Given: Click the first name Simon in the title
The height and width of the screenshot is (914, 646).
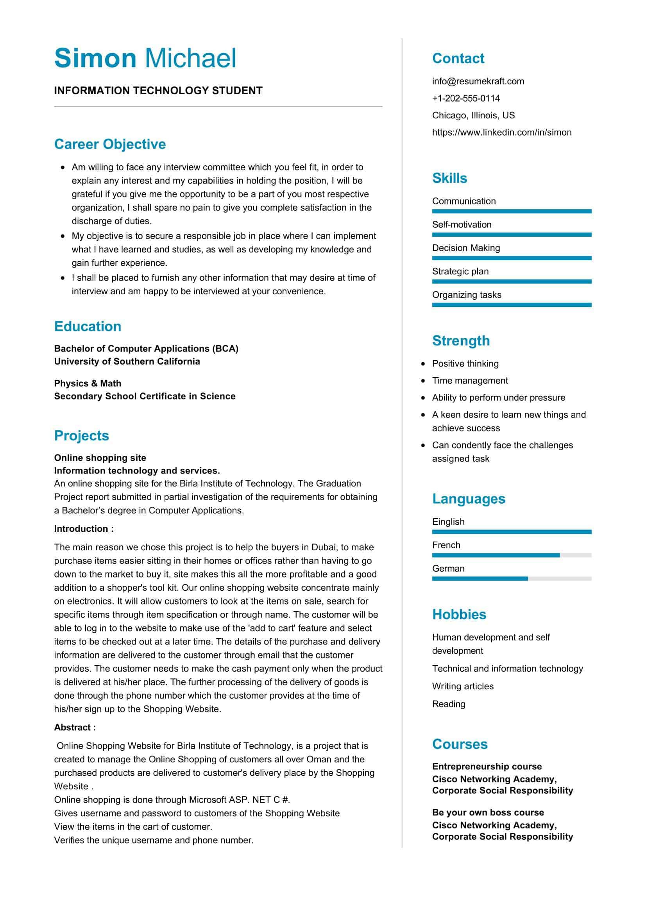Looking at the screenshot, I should tap(95, 58).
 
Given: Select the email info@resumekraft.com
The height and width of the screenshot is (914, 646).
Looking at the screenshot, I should tap(478, 81).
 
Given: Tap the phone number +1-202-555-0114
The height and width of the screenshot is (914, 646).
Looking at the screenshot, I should tap(466, 98).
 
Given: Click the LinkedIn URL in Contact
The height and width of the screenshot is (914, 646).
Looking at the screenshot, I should tap(501, 132).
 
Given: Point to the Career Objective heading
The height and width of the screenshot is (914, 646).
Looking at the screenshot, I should tap(110, 144).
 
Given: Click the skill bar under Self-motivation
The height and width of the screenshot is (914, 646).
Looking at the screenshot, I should tap(512, 235).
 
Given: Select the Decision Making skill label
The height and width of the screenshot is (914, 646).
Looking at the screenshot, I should tap(466, 248).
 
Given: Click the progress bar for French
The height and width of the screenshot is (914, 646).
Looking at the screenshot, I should tap(512, 555).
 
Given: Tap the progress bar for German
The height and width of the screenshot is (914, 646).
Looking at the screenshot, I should tap(512, 579).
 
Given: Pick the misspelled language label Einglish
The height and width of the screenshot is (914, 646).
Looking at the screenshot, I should tap(448, 522).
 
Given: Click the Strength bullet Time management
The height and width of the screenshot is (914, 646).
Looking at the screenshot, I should tap(470, 381).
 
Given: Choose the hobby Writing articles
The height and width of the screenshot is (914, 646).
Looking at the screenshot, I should tap(462, 686).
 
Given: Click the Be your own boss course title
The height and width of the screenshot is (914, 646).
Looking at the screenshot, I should tap(488, 812).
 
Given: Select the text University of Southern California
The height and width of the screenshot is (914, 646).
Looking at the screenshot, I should tap(127, 361).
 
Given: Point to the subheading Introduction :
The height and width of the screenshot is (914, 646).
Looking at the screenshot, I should tap(84, 529).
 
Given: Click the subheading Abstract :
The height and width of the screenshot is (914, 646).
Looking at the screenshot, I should tap(75, 727).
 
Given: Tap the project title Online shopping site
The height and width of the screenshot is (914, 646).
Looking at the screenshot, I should tap(100, 458).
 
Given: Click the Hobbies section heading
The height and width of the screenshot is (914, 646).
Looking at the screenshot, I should tap(459, 614).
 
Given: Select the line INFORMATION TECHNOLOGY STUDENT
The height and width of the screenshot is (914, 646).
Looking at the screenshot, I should tap(158, 91).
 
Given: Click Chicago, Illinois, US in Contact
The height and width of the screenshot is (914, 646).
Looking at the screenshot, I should tap(473, 115).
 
